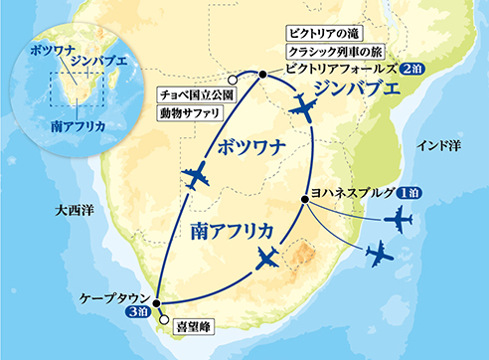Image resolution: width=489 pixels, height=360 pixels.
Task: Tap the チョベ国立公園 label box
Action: click(194, 94)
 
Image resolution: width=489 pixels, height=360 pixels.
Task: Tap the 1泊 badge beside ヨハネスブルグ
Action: click(413, 194)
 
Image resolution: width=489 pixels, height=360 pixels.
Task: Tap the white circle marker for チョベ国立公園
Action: click(231, 82)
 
